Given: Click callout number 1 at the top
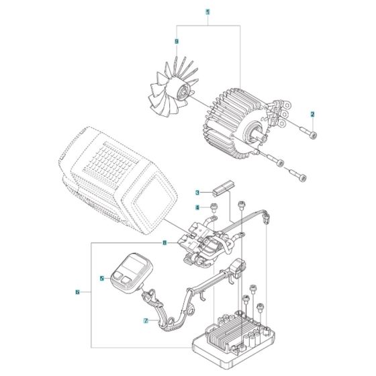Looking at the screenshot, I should [x=207, y=12].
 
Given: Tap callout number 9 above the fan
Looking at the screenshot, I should [x=177, y=42].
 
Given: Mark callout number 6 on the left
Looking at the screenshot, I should [x=78, y=292].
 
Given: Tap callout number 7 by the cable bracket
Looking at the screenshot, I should [x=145, y=321].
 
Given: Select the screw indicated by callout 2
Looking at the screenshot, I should [x=310, y=133].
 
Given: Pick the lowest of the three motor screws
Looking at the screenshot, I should [x=299, y=177].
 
